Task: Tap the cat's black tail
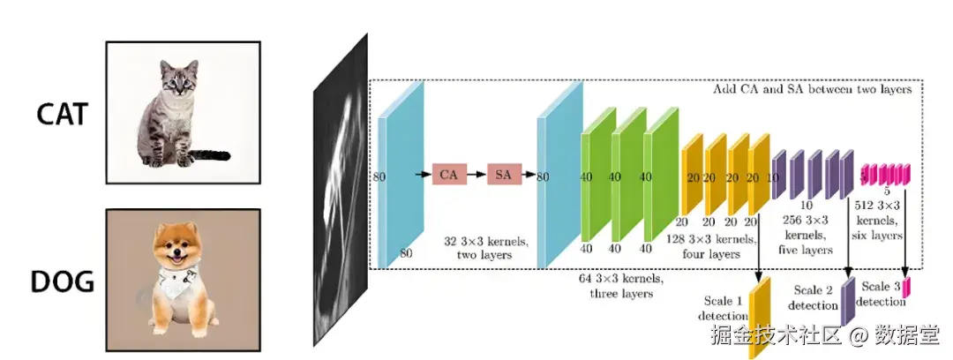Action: [210, 156]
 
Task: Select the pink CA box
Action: [448, 175]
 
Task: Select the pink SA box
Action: [504, 175]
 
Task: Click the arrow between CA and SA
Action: [476, 175]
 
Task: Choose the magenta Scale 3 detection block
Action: [905, 288]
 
